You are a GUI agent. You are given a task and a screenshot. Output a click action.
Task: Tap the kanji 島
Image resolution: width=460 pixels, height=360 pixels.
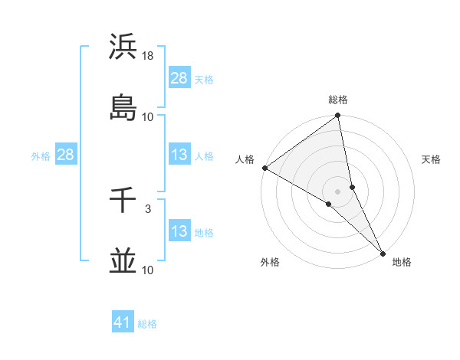tap(123, 108)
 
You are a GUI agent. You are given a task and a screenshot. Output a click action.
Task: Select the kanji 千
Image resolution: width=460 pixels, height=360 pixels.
tap(123, 200)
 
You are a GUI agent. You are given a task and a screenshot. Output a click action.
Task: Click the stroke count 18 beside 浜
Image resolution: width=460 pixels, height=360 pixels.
tap(148, 56)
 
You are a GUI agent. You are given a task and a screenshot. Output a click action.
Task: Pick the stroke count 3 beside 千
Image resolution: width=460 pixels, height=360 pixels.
tap(148, 208)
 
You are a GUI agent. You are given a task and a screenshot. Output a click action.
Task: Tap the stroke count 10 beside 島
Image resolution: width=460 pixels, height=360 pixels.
tap(148, 117)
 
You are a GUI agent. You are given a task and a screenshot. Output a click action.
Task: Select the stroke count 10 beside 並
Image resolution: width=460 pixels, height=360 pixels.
tap(148, 270)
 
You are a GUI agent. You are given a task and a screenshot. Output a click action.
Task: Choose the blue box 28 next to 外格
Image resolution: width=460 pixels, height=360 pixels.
tap(66, 155)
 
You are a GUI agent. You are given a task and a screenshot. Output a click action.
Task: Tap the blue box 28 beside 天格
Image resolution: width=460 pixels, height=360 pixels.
tap(179, 78)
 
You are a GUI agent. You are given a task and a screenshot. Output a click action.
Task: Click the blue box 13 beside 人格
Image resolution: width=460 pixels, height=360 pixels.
tap(179, 155)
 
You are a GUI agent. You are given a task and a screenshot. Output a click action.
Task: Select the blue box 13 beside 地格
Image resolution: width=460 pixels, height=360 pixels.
tap(179, 231)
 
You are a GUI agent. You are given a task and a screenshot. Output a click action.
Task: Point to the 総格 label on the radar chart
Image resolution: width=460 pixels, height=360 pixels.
tap(338, 100)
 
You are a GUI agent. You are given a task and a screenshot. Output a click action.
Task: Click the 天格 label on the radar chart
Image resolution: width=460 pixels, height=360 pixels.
tap(431, 159)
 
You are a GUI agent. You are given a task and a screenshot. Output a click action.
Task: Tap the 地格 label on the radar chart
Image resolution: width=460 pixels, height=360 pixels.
tap(402, 262)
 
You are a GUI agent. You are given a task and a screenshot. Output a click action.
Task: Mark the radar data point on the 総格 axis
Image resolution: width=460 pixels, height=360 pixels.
tap(338, 116)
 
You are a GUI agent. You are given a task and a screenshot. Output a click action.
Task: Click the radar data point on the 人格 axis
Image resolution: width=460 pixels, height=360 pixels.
tap(264, 168)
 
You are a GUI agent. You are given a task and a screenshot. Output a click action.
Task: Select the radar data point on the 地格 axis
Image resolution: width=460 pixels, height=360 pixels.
tap(383, 253)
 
